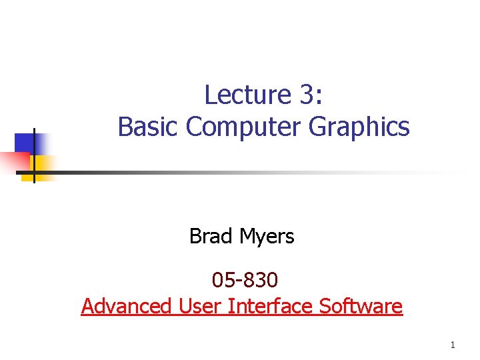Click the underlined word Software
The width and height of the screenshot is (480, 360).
pyautogui.click(x=361, y=306)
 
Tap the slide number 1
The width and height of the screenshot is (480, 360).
pyautogui.click(x=453, y=345)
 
